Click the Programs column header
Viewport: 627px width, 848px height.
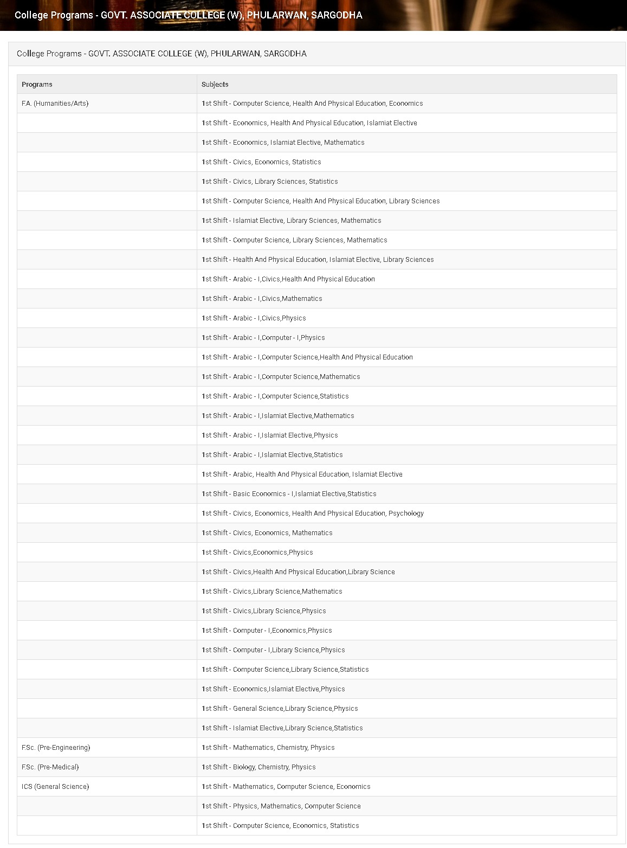(37, 84)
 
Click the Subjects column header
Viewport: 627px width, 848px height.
(215, 84)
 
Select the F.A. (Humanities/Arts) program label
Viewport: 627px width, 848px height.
(55, 104)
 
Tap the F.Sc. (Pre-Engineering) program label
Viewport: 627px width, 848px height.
(56, 748)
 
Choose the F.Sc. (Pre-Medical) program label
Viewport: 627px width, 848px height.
(50, 767)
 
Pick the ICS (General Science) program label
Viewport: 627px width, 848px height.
(55, 787)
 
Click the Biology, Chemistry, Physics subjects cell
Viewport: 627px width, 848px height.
(258, 767)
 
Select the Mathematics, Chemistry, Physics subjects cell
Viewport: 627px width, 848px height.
(268, 748)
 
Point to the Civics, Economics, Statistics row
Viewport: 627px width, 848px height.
(261, 162)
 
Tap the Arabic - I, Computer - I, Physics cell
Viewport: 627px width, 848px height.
(263, 338)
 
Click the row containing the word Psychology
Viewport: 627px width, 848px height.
(313, 513)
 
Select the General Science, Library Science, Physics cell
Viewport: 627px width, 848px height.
(280, 709)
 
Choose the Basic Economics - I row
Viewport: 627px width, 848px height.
(289, 494)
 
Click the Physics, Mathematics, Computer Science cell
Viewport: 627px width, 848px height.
(281, 806)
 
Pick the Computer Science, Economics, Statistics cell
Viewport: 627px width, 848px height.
(280, 826)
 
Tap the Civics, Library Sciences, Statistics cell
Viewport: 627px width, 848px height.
(269, 182)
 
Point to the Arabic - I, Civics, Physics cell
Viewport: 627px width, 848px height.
(254, 318)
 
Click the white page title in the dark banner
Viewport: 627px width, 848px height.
(188, 15)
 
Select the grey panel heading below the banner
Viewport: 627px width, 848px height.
(161, 54)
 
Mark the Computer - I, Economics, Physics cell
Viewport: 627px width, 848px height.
(267, 631)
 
